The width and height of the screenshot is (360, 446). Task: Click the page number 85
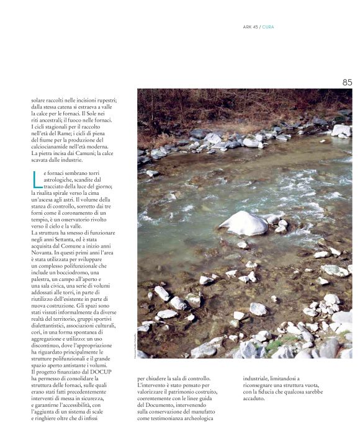tap(346, 82)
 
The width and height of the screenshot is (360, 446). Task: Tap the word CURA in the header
tap(268, 27)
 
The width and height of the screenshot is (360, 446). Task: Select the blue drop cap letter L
tap(36, 179)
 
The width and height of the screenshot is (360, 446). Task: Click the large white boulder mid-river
tap(243, 222)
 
